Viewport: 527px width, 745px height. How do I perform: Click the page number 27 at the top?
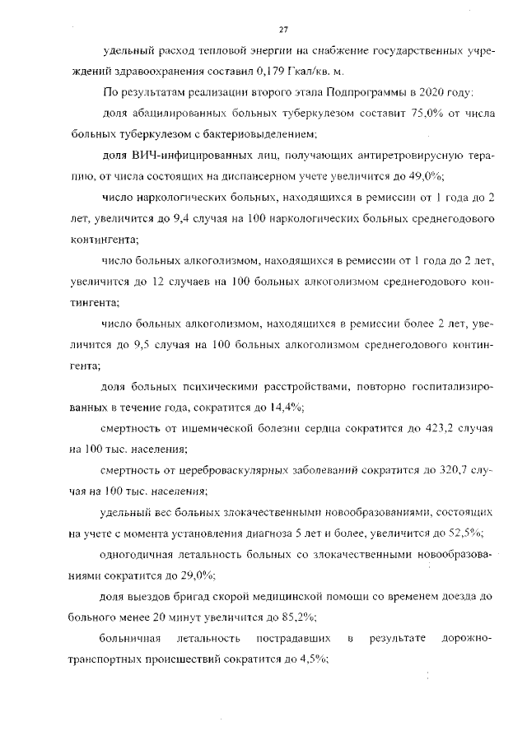(x=282, y=30)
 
